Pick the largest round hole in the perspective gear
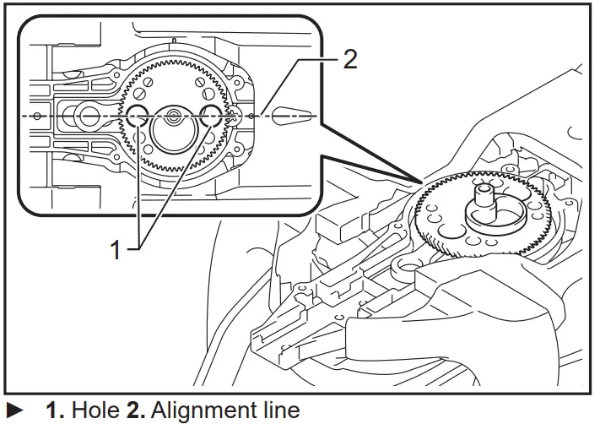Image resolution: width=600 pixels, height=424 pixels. (x=452, y=228)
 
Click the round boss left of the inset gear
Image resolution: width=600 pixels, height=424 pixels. (x=83, y=116)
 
